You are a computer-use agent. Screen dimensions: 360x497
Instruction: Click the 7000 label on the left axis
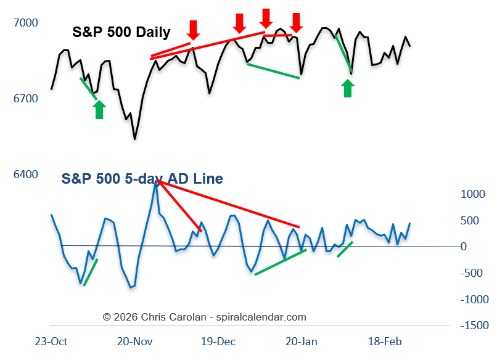[25, 23]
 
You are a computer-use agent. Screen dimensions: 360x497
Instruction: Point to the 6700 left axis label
[25, 99]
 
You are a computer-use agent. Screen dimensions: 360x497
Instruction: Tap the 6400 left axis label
[25, 174]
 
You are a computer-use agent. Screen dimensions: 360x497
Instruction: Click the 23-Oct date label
[51, 342]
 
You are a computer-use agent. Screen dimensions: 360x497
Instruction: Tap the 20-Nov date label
[134, 342]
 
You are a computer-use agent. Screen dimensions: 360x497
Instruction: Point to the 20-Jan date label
[302, 342]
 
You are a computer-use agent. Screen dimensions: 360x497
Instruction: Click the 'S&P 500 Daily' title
[121, 32]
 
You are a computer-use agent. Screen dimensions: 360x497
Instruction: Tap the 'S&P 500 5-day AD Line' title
[142, 179]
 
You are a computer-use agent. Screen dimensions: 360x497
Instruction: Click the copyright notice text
[204, 317]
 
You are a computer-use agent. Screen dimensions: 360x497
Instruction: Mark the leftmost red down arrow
[194, 29]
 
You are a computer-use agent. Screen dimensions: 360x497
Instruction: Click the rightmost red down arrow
[297, 22]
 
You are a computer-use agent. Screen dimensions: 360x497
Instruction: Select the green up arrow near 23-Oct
[99, 109]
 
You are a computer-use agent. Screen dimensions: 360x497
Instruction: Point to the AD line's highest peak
[155, 182]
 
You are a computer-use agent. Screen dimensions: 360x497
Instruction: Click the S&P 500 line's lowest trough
[134, 139]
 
